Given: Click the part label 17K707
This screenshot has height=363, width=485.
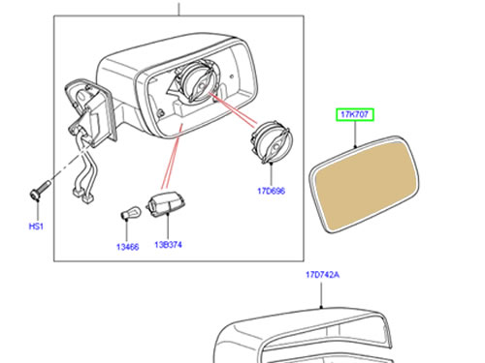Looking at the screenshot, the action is (355, 114).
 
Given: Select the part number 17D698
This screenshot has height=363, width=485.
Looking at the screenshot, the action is (272, 191).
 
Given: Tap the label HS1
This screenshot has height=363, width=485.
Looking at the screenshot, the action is (36, 227).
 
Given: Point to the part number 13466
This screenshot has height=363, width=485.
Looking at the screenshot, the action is (127, 247).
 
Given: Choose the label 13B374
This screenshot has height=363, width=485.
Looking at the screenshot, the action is (168, 245).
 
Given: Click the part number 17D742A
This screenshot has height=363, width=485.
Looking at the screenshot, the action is (322, 275).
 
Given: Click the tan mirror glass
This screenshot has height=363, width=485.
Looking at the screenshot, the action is (364, 184).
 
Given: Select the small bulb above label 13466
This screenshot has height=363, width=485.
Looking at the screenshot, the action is (130, 213).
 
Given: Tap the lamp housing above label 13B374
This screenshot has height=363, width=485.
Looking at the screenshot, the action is (166, 203).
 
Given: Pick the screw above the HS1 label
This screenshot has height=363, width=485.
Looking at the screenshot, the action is (40, 191).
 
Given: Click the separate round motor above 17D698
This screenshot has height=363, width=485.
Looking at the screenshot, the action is (271, 142).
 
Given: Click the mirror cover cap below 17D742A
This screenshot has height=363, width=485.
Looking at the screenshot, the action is (304, 336).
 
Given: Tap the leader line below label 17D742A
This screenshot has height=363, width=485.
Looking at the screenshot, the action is (321, 295).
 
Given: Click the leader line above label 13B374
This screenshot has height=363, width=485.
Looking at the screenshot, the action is (168, 227).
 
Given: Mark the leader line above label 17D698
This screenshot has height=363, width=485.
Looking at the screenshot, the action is (272, 173).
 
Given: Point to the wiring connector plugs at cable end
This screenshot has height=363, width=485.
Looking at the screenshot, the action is (83, 196).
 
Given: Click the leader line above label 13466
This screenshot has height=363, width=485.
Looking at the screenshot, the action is (126, 229).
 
